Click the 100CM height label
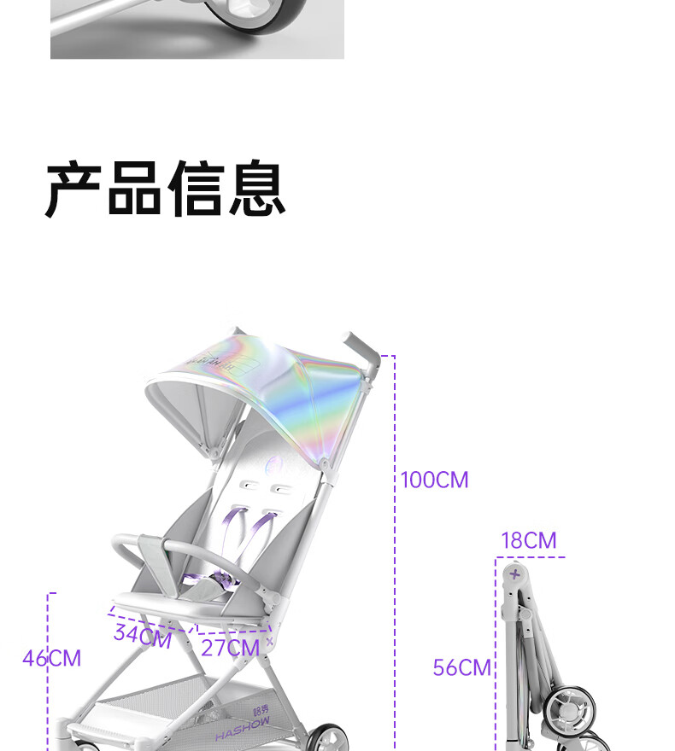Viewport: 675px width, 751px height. tap(435, 480)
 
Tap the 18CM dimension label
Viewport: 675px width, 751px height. tap(528, 541)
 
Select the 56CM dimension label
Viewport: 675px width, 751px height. tap(461, 667)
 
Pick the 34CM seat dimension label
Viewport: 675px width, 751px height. tap(142, 637)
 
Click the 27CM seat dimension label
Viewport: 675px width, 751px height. tap(230, 649)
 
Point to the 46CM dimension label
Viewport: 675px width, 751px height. tap(51, 659)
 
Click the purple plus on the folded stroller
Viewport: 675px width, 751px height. tap(514, 574)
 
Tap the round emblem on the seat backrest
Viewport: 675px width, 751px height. tap(274, 465)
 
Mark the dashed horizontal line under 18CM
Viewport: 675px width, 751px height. tap(530, 557)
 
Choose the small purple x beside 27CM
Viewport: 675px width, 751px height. tap(270, 641)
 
